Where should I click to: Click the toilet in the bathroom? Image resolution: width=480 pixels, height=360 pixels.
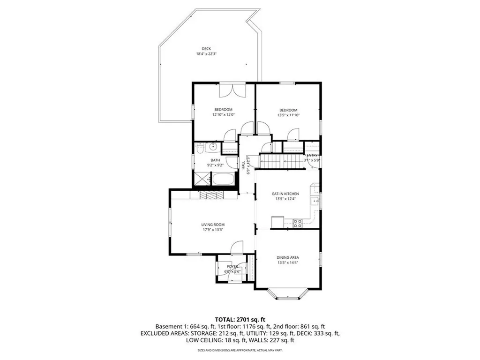(x=200, y=149)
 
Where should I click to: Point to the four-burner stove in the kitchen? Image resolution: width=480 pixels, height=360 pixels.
(x=298, y=223)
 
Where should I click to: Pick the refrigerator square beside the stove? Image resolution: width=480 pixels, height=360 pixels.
(x=277, y=221)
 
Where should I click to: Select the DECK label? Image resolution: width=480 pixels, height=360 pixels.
(x=206, y=49)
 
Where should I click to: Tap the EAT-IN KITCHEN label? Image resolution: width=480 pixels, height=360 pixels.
(x=285, y=194)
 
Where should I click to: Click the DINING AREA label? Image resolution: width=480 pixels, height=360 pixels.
(x=288, y=257)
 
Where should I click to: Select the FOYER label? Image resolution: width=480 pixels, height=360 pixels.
(x=232, y=266)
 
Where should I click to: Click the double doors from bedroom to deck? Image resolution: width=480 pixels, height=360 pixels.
(x=232, y=90)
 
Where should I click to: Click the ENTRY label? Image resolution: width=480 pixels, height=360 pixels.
(x=312, y=155)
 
